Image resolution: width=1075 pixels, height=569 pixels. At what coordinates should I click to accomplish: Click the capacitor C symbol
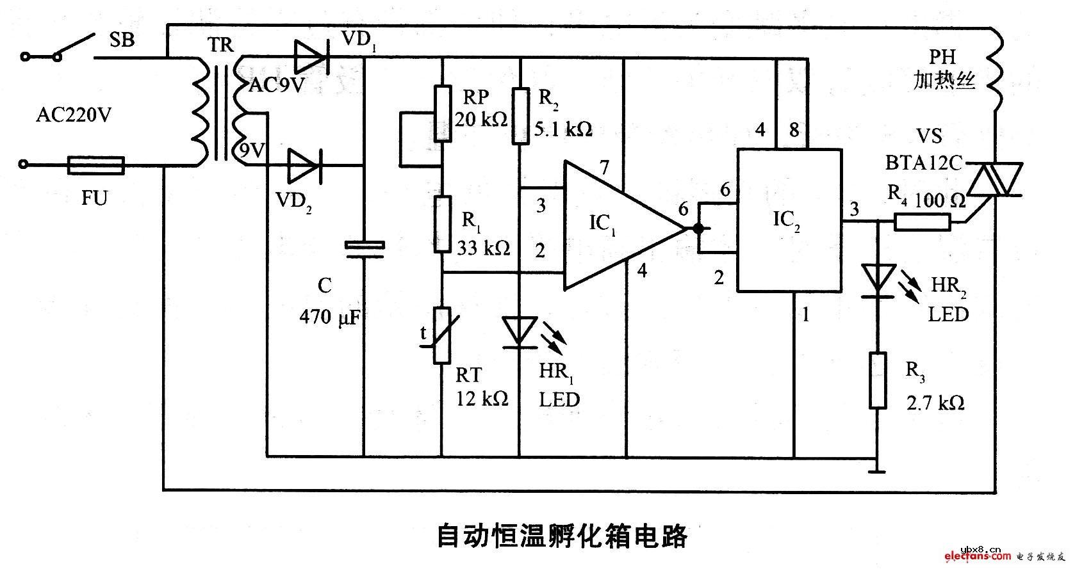(x=364, y=250)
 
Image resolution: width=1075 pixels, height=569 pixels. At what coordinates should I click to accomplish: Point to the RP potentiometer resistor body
(x=442, y=113)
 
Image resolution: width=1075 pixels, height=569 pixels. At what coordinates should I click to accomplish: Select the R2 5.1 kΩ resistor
(x=520, y=116)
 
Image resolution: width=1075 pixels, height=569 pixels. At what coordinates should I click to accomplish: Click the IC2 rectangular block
(x=789, y=221)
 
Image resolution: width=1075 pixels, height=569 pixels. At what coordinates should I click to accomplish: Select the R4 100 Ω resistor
(x=922, y=222)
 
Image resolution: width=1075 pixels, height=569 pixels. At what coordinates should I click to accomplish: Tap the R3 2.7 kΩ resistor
(x=878, y=379)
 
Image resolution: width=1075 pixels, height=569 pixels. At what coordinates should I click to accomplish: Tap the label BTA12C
(x=924, y=164)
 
